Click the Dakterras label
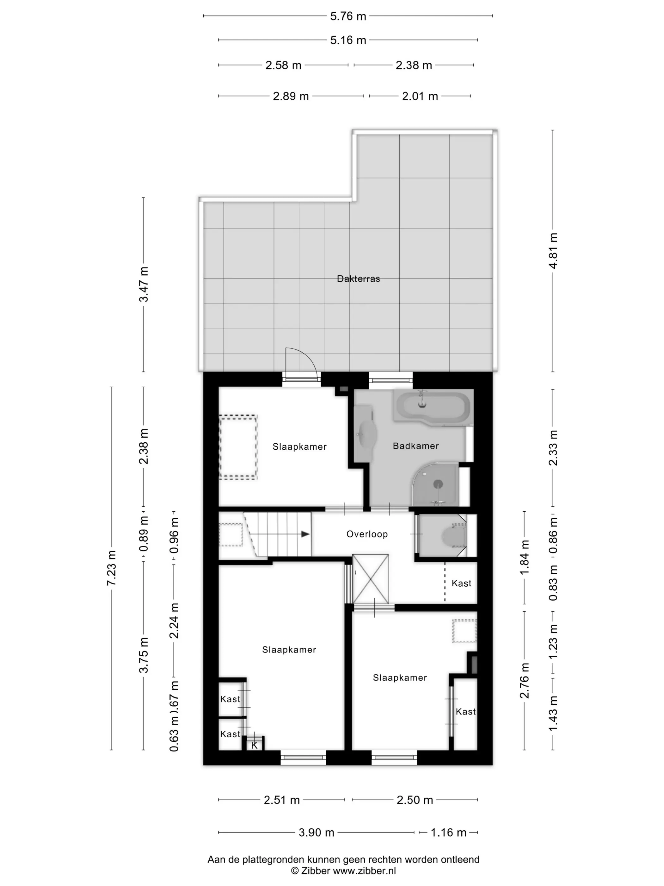point(358,279)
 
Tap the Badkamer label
point(415,446)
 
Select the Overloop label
point(367,534)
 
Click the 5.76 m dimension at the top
point(348,16)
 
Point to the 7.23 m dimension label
point(111,568)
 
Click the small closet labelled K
point(255,744)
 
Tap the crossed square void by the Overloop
point(370,579)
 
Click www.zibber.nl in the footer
point(365,870)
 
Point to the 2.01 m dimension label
point(420,96)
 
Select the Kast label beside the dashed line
point(461,583)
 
